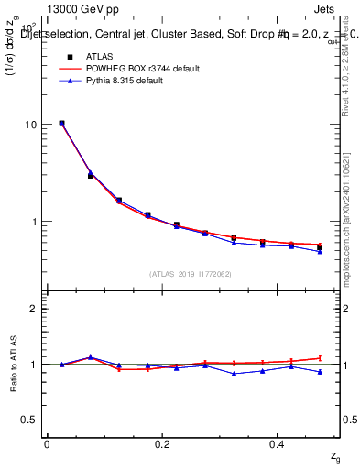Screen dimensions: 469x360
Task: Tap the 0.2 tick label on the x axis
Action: (162, 443)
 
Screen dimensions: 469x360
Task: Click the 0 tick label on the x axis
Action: (47, 443)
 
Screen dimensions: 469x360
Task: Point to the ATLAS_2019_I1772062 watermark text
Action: (191, 273)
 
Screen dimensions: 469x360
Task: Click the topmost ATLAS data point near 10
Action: (61, 123)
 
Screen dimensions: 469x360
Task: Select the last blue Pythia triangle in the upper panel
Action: (320, 251)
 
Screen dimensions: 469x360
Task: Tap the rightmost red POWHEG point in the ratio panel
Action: (320, 358)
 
